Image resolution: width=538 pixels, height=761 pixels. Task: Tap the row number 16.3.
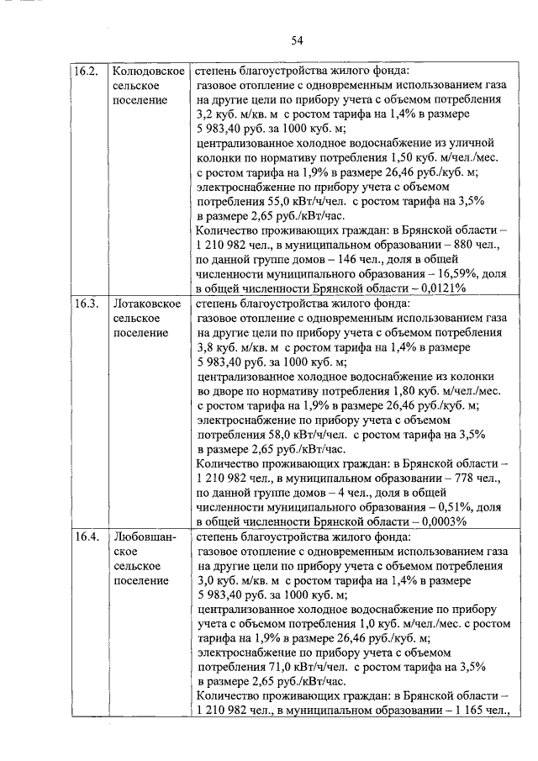point(87,303)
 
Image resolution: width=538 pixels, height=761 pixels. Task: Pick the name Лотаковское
point(148,303)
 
